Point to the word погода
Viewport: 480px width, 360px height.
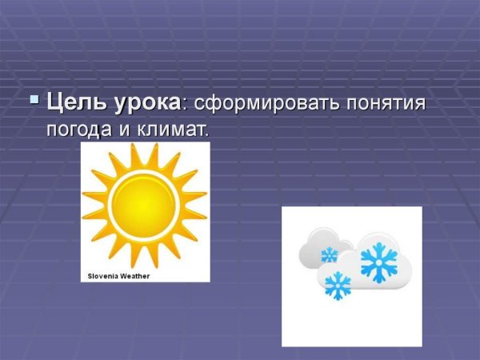pos(78,129)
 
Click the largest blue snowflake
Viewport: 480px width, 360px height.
pos(378,262)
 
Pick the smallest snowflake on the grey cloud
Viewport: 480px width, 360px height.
pos(329,255)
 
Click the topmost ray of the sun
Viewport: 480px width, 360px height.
pos(145,153)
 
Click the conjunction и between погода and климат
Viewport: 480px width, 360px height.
pos(129,129)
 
